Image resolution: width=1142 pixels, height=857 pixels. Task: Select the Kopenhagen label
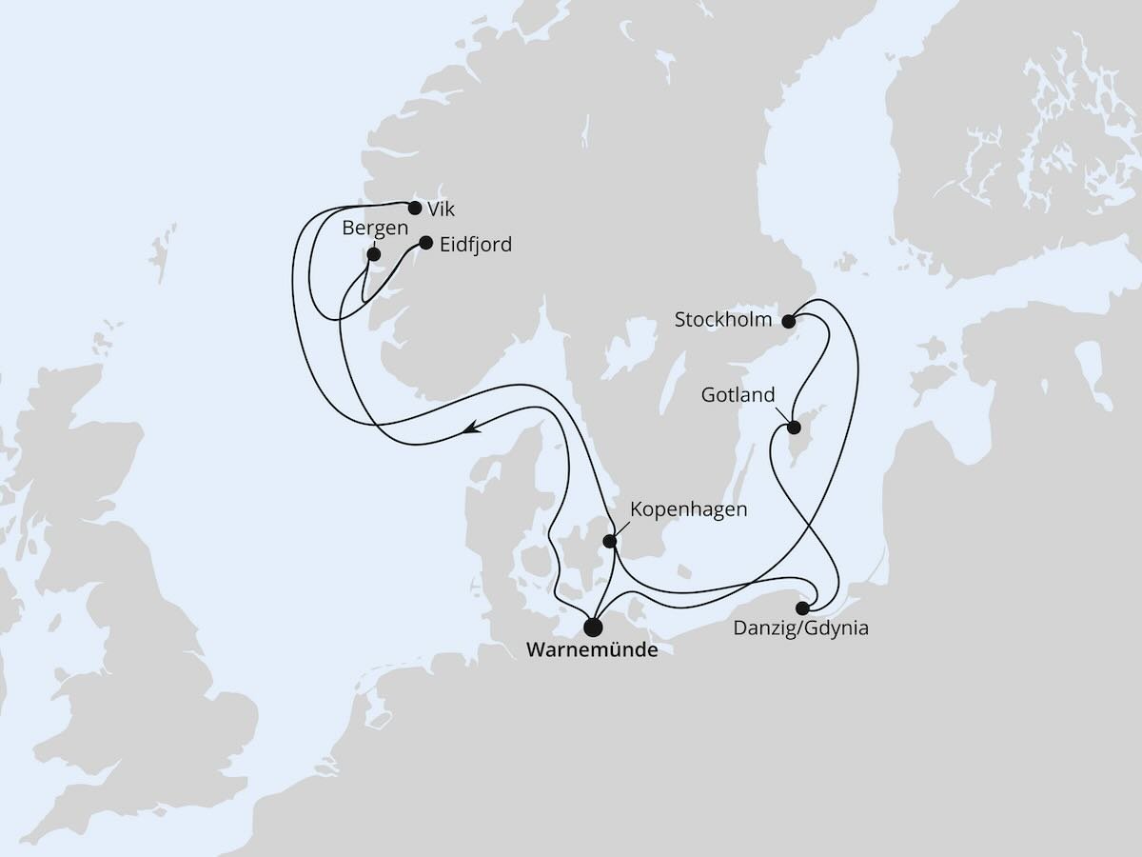(x=689, y=509)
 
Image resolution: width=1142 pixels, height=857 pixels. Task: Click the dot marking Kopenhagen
(x=611, y=543)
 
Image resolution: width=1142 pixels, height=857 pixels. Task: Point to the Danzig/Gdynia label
(x=800, y=628)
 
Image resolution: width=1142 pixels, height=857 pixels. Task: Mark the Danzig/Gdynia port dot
(x=803, y=608)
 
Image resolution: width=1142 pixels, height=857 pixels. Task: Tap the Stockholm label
(x=723, y=320)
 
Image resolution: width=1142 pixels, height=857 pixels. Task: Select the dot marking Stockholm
(x=788, y=320)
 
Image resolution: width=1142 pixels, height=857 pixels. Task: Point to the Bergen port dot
(x=374, y=254)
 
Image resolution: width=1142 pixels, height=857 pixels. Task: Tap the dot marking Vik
(x=414, y=207)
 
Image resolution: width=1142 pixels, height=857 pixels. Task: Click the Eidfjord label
(x=476, y=245)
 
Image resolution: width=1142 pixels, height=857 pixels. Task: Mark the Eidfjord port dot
(x=425, y=243)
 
